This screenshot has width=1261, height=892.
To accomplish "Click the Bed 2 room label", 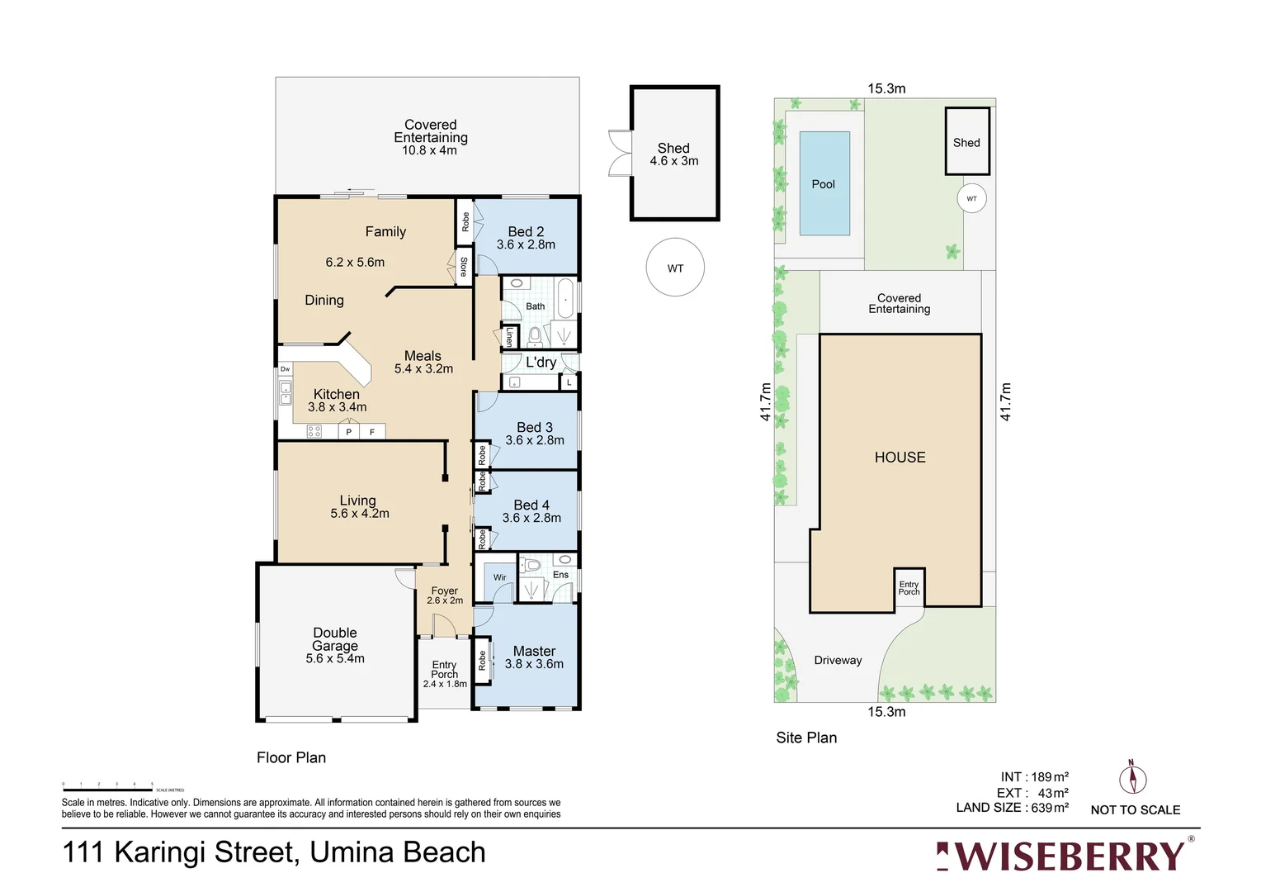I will point(526,232).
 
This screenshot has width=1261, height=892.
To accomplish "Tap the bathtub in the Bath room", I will point(565,298).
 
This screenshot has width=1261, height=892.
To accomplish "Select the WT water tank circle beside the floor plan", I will point(675,268).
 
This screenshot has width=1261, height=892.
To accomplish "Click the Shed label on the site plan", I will point(966,143).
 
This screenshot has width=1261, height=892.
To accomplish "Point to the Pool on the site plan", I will point(824,183).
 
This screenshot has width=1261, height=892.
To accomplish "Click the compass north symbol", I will point(1132,778).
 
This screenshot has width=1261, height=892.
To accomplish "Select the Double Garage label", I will point(335,639).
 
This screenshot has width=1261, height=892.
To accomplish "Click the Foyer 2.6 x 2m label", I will point(445,595).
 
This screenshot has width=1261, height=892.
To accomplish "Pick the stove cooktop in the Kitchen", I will point(314,430).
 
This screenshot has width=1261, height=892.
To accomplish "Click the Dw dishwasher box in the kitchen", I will point(286,369).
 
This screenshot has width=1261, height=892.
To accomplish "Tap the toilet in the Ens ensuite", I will point(532,566).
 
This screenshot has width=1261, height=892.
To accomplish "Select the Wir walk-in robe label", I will point(500,577).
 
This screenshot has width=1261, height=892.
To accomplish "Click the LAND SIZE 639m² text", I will point(1012,808).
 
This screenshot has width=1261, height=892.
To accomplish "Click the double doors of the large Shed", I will point(619,154).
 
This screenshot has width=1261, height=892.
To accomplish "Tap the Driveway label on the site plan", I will point(838,660).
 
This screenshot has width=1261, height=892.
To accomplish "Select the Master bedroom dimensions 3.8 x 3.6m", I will point(534,664).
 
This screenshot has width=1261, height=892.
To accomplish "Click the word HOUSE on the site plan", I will point(900,457).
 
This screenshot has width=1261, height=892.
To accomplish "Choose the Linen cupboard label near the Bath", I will point(509,337).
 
